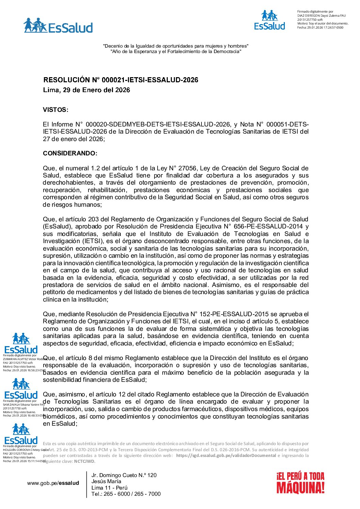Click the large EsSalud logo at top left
pos(58,26)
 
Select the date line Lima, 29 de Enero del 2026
pos(86,90)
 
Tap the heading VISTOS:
pos(55,110)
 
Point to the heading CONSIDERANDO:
pos(70,153)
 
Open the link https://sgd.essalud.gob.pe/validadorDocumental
pos(226,456)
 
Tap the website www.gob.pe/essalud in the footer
pos(53,483)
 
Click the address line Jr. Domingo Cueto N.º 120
pos(124,475)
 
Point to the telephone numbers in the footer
pos(126,494)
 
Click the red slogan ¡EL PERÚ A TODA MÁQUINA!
pos(300,482)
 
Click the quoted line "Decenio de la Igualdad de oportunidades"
pos(176,46)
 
